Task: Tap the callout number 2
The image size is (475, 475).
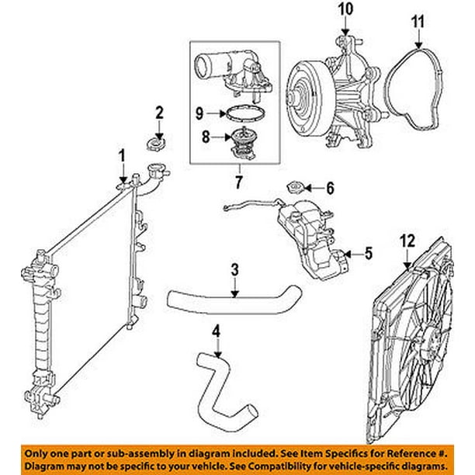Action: coord(159,113)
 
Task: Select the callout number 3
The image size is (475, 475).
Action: coord(234,270)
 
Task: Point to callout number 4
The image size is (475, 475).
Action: coord(217,330)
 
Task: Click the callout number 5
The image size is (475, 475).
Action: coord(368,253)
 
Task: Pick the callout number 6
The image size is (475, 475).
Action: coord(329,187)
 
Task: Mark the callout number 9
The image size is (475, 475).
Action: coord(199,113)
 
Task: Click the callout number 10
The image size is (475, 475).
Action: coord(345,11)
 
